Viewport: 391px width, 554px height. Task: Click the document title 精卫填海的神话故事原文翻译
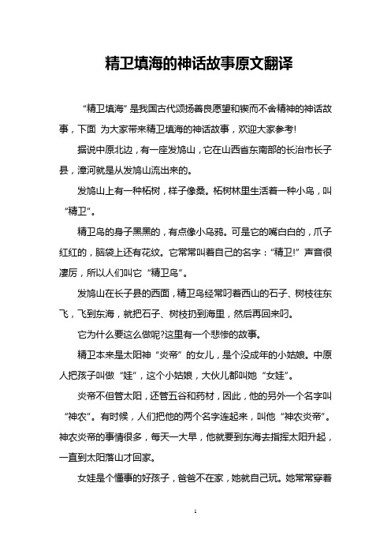195,62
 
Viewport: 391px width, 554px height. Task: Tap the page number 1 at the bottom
195,534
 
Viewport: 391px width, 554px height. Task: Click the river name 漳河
107,167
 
